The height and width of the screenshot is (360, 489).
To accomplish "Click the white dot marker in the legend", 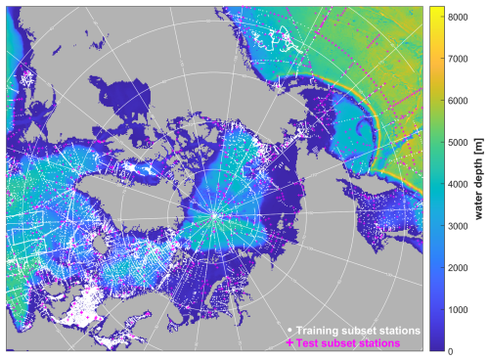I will pos(289,330).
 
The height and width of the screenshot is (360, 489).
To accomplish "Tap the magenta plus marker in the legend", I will pos(289,343).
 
